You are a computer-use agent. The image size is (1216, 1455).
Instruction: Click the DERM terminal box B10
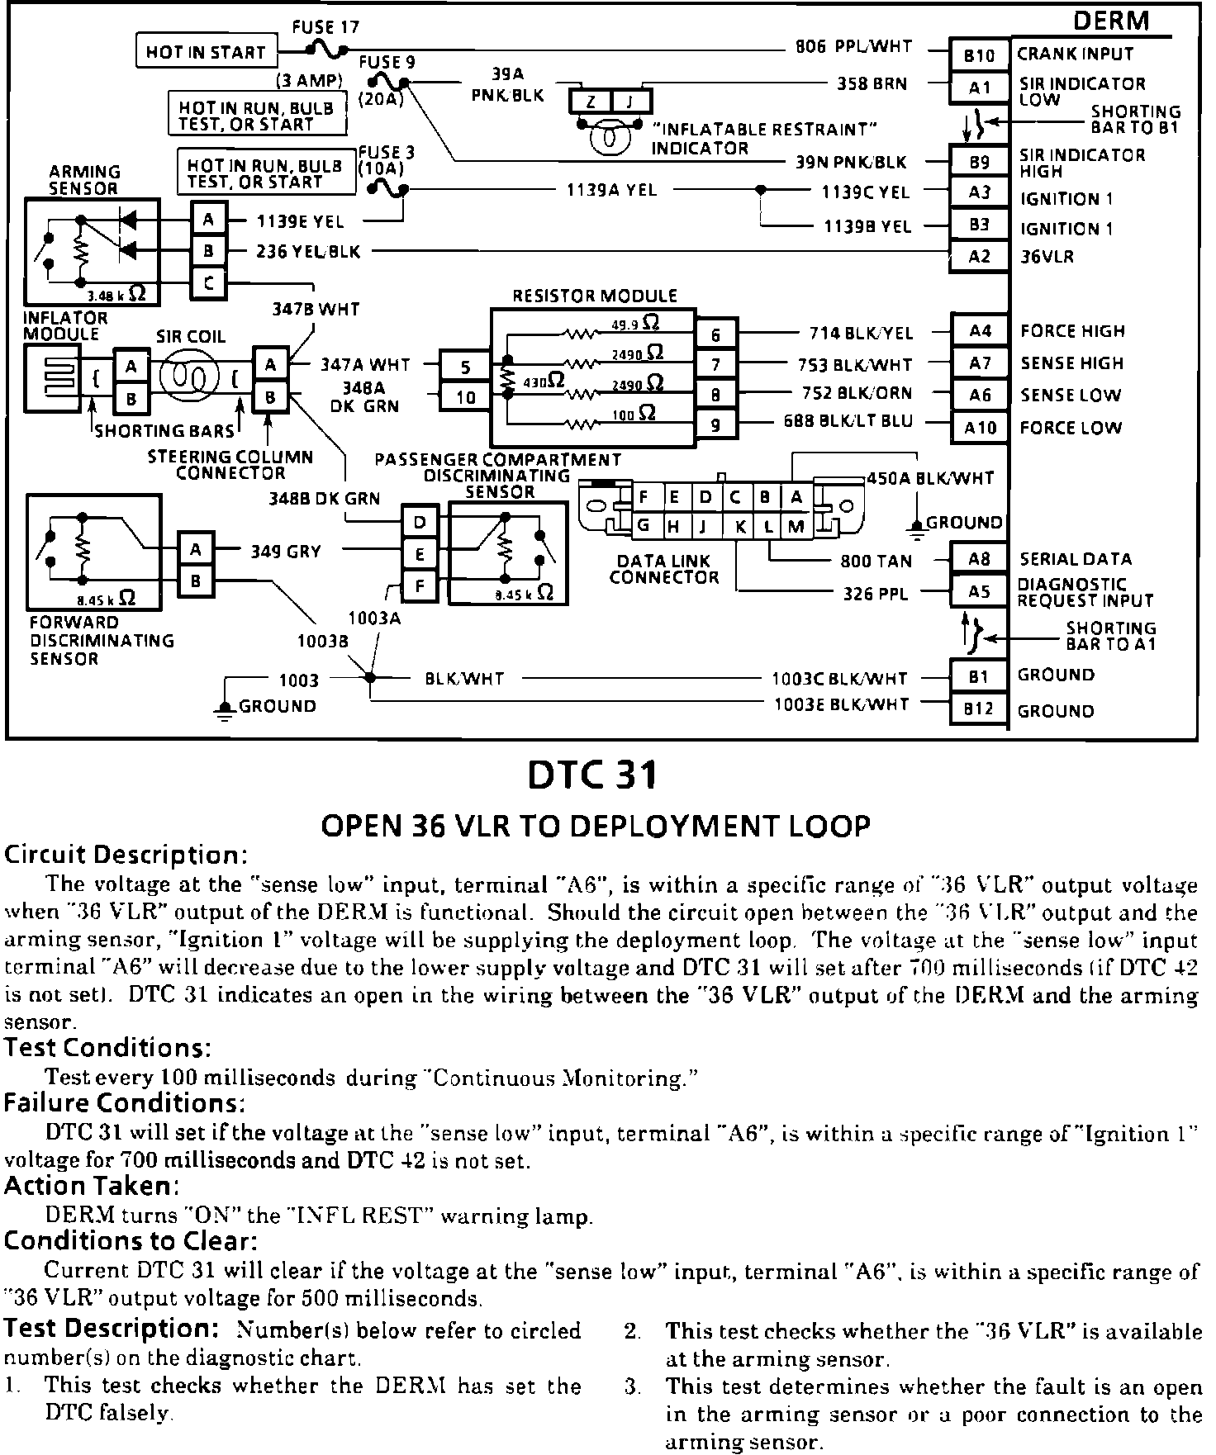coord(979,55)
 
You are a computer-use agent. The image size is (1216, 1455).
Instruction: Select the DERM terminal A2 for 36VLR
coord(979,256)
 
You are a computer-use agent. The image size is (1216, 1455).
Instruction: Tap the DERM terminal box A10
coord(980,428)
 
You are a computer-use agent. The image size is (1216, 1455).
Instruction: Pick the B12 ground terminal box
coord(979,709)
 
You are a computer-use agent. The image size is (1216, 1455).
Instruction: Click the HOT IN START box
coord(206,52)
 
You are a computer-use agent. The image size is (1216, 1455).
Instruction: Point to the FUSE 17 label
coord(325,27)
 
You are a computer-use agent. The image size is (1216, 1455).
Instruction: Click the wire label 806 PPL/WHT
coord(853,47)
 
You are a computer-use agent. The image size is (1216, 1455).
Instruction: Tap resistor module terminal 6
coord(715,334)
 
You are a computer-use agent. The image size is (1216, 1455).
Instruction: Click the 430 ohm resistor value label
coord(544,381)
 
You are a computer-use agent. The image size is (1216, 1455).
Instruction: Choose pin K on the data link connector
coord(740,525)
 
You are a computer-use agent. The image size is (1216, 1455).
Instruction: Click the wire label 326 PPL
coord(875,593)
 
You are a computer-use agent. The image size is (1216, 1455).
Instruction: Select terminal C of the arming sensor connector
coord(209,283)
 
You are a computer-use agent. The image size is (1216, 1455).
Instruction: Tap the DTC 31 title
coord(593,775)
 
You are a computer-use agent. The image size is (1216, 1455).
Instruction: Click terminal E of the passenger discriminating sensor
coord(420,554)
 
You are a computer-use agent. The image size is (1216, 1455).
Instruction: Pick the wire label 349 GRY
coord(286,551)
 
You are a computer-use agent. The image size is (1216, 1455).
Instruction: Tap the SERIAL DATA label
coord(1075,559)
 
